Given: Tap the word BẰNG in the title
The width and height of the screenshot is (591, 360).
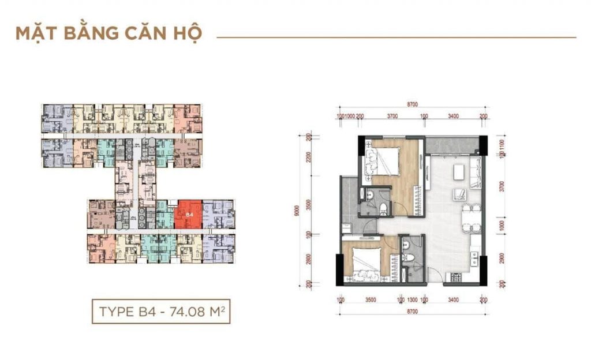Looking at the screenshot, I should click(85, 33).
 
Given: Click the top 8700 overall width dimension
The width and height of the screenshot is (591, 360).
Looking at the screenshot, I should click(412, 104).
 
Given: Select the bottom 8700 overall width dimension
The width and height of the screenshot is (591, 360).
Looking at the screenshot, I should click(412, 312).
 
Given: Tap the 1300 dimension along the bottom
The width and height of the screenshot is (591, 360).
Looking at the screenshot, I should click(412, 300).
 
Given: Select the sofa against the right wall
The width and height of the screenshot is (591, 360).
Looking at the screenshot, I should click(475, 173).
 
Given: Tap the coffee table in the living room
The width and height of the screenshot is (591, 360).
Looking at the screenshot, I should click(459, 171).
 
